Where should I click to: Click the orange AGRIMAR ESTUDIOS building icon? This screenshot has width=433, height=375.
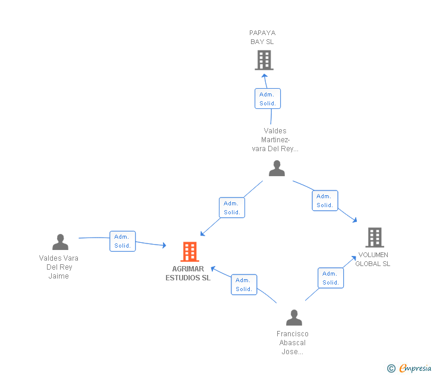190,251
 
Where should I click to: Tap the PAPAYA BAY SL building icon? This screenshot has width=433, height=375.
264,60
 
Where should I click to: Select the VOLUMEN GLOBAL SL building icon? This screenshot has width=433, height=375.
375,237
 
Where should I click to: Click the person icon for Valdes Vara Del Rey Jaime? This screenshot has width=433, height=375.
60,242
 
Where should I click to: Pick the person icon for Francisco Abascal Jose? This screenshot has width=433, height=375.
294,317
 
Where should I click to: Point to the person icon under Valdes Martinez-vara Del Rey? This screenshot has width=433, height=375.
277,168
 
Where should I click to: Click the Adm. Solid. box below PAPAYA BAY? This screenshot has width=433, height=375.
268,99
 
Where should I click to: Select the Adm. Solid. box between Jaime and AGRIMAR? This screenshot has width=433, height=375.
123,241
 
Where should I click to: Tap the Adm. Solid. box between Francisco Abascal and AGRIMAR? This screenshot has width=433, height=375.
244,285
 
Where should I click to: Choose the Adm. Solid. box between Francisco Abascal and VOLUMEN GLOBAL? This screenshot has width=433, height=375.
331,278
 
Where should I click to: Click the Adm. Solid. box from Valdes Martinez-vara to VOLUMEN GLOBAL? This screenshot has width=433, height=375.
325,201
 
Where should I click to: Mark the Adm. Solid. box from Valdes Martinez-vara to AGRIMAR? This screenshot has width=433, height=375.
232,208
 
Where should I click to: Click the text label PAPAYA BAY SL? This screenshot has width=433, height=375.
262,37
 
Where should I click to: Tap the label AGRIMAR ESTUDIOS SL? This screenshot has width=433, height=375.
188,273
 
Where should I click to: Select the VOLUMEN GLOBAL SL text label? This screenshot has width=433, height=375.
373,259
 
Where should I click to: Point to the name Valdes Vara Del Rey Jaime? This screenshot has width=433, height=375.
58,267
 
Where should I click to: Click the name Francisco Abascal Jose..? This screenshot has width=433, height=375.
293,343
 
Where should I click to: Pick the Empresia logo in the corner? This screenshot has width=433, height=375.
409,368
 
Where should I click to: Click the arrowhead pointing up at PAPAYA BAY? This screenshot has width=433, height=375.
264,76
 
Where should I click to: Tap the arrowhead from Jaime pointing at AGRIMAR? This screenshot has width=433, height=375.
164,245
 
